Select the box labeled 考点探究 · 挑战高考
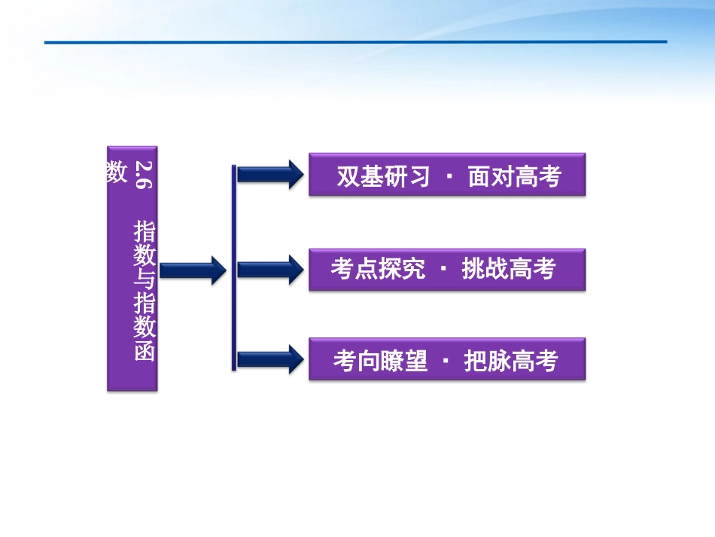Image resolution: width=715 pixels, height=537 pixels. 447,269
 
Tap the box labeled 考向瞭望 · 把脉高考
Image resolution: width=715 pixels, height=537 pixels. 447,359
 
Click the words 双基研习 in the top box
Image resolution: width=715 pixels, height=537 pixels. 383,177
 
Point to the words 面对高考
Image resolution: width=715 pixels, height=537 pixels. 515,177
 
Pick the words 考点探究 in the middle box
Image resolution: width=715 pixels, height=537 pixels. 378,270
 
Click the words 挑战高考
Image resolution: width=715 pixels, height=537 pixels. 509,270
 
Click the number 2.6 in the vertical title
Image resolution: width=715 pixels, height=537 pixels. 144,173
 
